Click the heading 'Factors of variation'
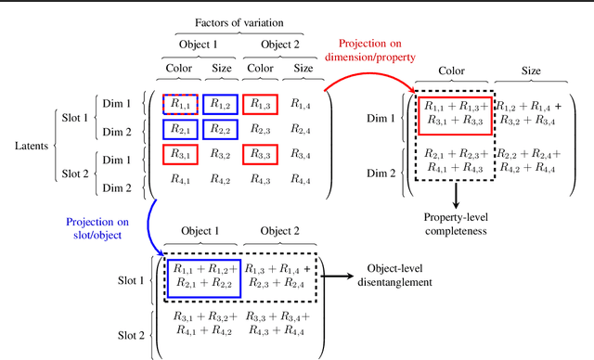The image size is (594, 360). point(239,21)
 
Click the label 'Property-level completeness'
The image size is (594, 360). point(456,221)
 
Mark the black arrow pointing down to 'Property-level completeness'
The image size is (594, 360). point(456,193)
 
